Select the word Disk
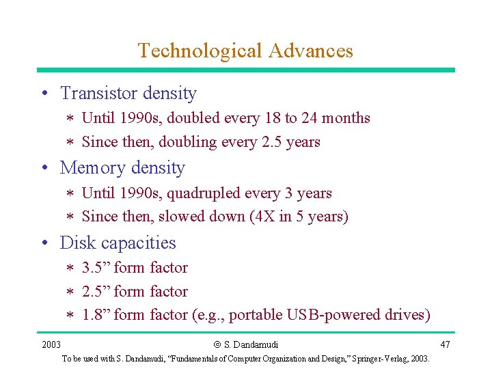pos(74,243)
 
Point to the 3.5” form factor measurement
pos(96,267)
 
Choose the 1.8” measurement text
pos(96,315)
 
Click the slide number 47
pos(445,344)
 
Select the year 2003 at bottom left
pos(51,344)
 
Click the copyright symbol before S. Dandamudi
pos(217,344)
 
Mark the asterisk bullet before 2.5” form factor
pos(70,292)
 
